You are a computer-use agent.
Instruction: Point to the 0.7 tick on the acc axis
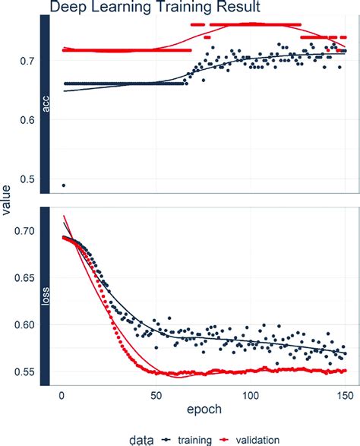click(x=27, y=60)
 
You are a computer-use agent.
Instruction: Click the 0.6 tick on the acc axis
click(x=27, y=119)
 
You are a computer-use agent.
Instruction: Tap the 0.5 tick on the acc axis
click(x=27, y=179)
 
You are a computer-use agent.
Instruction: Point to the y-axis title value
click(x=7, y=199)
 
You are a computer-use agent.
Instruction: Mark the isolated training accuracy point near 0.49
click(x=63, y=185)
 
